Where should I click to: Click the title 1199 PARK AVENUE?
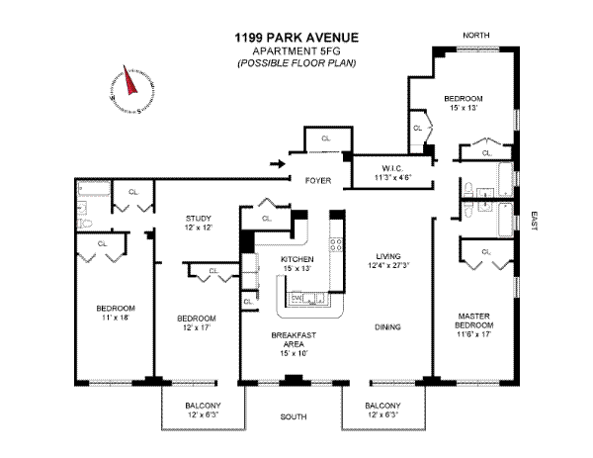[296, 39]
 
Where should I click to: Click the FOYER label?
[317, 181]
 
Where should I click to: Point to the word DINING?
[386, 326]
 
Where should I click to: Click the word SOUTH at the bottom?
[295, 417]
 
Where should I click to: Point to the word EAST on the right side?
[534, 223]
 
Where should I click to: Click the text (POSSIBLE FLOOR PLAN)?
[296, 63]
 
